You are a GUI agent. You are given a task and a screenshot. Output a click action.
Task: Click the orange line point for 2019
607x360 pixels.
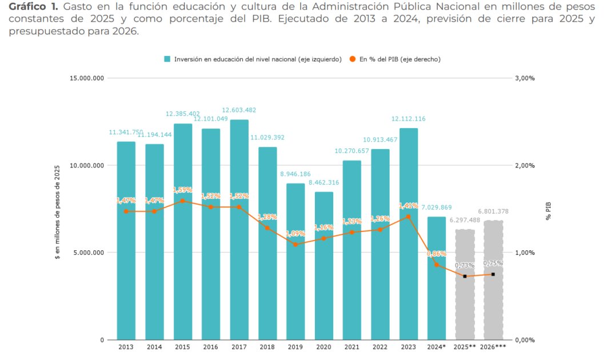(x=295, y=244)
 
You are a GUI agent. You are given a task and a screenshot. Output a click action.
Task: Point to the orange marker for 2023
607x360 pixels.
(x=408, y=217)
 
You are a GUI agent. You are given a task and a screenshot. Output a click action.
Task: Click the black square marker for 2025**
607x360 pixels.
(x=465, y=276)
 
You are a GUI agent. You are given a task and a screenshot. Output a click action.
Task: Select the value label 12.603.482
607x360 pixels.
(x=239, y=110)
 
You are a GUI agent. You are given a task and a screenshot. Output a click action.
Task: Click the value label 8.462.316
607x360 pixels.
(x=324, y=182)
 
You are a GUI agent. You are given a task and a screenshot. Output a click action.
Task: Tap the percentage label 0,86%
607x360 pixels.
(x=437, y=253)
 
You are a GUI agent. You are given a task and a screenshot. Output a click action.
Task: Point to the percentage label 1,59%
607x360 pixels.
(x=182, y=190)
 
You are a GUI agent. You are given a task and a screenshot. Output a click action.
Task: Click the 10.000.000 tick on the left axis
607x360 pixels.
(x=87, y=165)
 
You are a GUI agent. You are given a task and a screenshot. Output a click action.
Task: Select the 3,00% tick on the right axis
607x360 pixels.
(x=524, y=78)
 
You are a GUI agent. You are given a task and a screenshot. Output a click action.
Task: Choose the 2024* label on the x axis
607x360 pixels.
(x=437, y=347)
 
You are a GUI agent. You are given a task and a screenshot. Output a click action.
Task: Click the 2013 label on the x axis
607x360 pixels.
(x=126, y=347)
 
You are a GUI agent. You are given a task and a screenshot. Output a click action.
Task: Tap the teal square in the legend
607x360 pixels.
(x=167, y=59)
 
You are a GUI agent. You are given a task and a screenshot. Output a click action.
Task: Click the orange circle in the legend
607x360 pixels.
(x=353, y=59)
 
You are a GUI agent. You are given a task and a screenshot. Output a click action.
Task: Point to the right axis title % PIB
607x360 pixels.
(x=548, y=210)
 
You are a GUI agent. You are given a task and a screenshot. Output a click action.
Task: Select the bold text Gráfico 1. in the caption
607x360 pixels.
(x=33, y=7)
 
